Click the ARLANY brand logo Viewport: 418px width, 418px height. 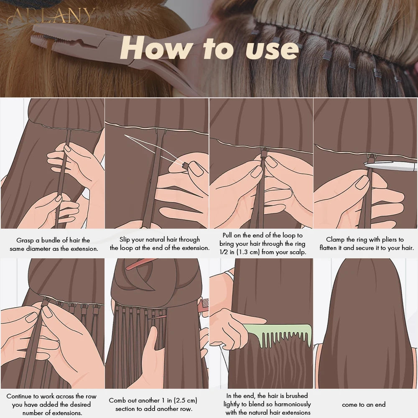point(53,16)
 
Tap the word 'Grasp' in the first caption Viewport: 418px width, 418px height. point(25,240)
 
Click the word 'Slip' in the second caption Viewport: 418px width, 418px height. point(127,240)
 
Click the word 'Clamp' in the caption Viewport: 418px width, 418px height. point(336,240)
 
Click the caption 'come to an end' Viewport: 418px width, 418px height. point(363,405)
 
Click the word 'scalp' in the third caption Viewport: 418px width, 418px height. point(296,252)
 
